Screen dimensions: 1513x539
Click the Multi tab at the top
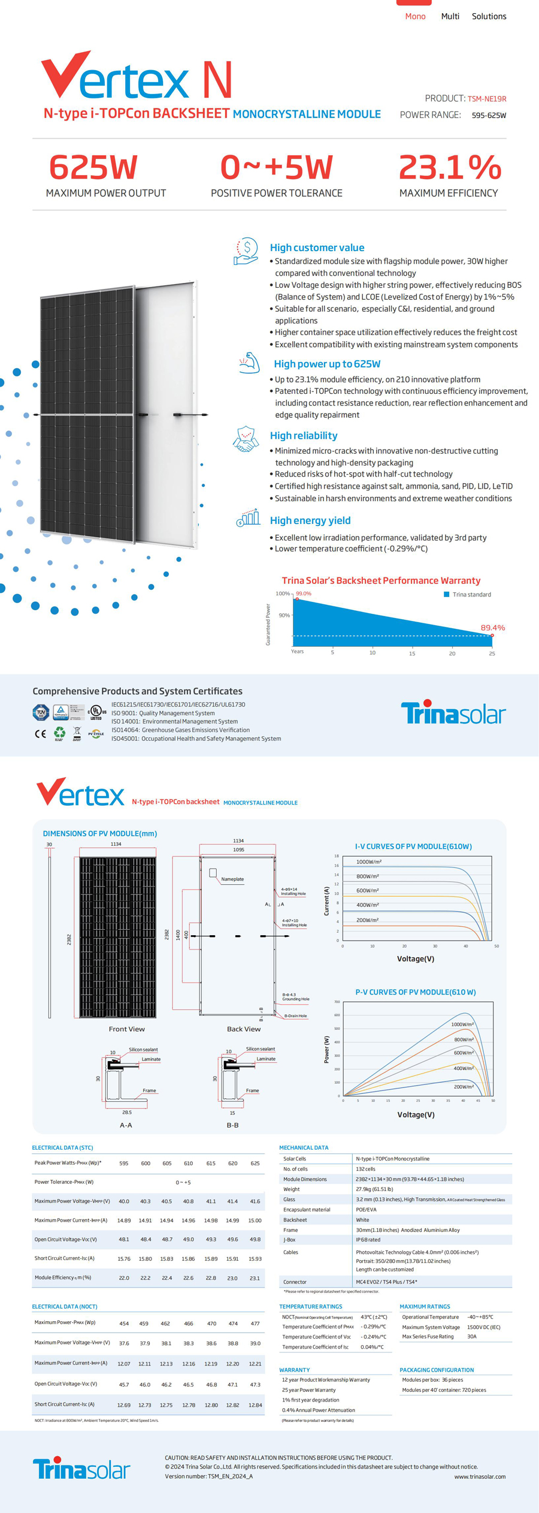pyautogui.click(x=450, y=16)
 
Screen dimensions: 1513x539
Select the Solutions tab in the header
pyautogui.click(x=489, y=16)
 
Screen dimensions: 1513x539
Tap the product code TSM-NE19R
pyautogui.click(x=486, y=99)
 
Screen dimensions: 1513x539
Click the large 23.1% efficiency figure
pyautogui.click(x=450, y=167)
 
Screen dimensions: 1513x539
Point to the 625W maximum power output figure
pyautogui.click(x=93, y=167)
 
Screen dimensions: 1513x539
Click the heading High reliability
pyautogui.click(x=304, y=436)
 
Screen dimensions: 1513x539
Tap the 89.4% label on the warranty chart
pyautogui.click(x=492, y=628)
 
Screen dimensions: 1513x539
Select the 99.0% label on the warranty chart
pyautogui.click(x=304, y=593)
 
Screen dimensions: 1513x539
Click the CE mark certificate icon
pyautogui.click(x=40, y=734)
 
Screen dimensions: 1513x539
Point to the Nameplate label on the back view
pyautogui.click(x=232, y=879)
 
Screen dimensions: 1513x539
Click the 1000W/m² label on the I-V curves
pyautogui.click(x=368, y=861)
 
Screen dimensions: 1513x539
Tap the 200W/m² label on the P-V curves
pyautogui.click(x=464, y=1086)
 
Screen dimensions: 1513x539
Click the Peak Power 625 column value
pyautogui.click(x=255, y=1163)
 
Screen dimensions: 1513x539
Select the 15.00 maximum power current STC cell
pyautogui.click(x=255, y=1220)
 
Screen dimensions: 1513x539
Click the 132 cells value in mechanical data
pyautogui.click(x=365, y=1169)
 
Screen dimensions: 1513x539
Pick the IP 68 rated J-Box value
pyautogui.click(x=368, y=1240)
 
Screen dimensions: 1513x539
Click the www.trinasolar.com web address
pyautogui.click(x=480, y=1476)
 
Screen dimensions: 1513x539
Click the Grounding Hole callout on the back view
pyautogui.click(x=296, y=997)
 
